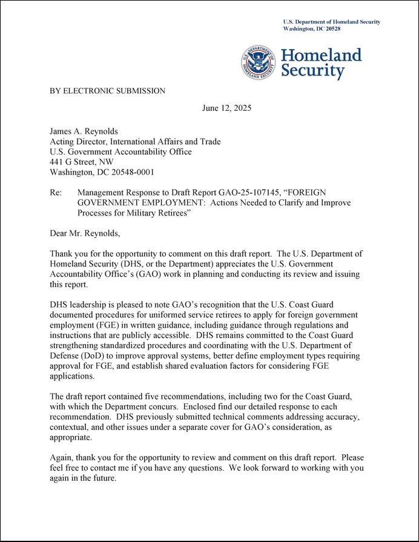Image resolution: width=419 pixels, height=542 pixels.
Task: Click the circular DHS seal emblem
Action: point(259,63)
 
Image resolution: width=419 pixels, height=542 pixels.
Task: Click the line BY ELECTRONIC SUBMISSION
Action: point(107,91)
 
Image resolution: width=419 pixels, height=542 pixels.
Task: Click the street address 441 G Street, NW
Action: point(81,162)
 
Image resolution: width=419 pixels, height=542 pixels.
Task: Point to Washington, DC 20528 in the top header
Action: point(312,28)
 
